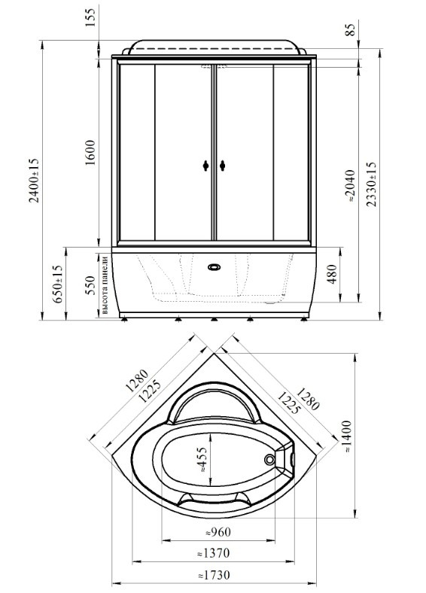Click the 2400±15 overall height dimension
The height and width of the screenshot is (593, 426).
(x=34, y=181)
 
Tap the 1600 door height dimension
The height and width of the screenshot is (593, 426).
(x=90, y=153)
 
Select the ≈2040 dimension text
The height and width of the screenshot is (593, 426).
(x=350, y=186)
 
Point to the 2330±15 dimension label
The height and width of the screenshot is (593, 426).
(x=372, y=184)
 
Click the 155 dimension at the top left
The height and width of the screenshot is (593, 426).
(x=91, y=18)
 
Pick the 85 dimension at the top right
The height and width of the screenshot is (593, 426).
(x=350, y=29)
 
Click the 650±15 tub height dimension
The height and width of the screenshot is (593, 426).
(x=57, y=284)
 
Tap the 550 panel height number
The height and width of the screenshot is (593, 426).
(x=90, y=284)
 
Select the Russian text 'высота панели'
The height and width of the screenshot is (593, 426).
(x=105, y=285)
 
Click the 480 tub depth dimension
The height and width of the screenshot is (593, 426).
(x=331, y=275)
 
